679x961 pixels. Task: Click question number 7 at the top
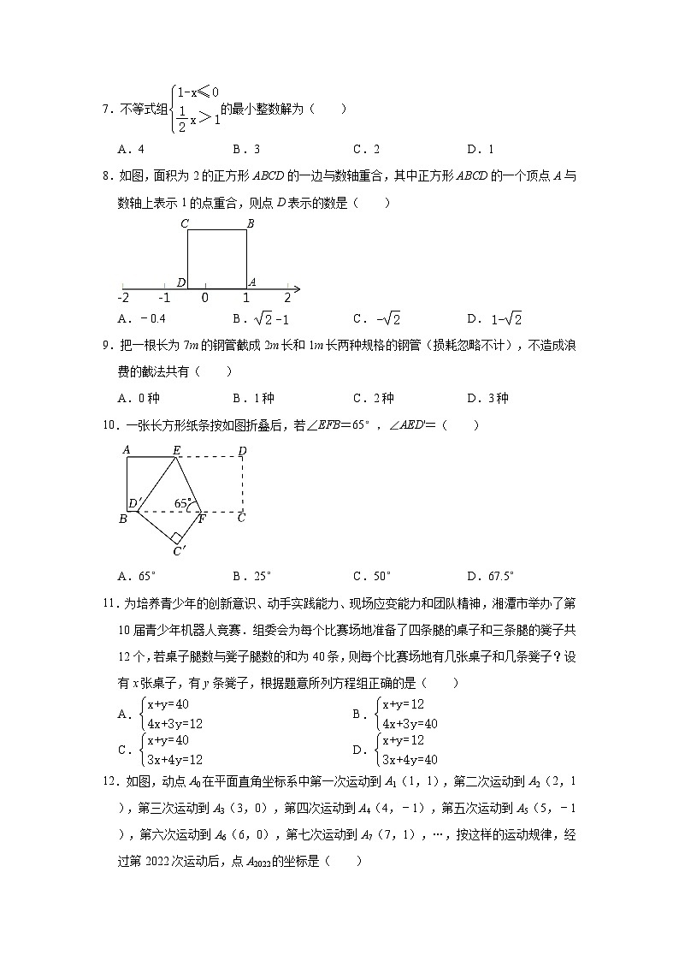(107, 110)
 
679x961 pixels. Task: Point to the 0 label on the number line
(204, 298)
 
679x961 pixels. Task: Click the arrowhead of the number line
(296, 287)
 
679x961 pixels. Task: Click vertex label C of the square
(184, 224)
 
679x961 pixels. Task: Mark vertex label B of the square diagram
(251, 224)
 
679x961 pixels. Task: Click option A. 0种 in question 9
(139, 398)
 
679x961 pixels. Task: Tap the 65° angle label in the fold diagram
(181, 504)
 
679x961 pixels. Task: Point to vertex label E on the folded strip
(176, 449)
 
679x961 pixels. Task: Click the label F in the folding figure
(202, 519)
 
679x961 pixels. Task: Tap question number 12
(109, 781)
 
